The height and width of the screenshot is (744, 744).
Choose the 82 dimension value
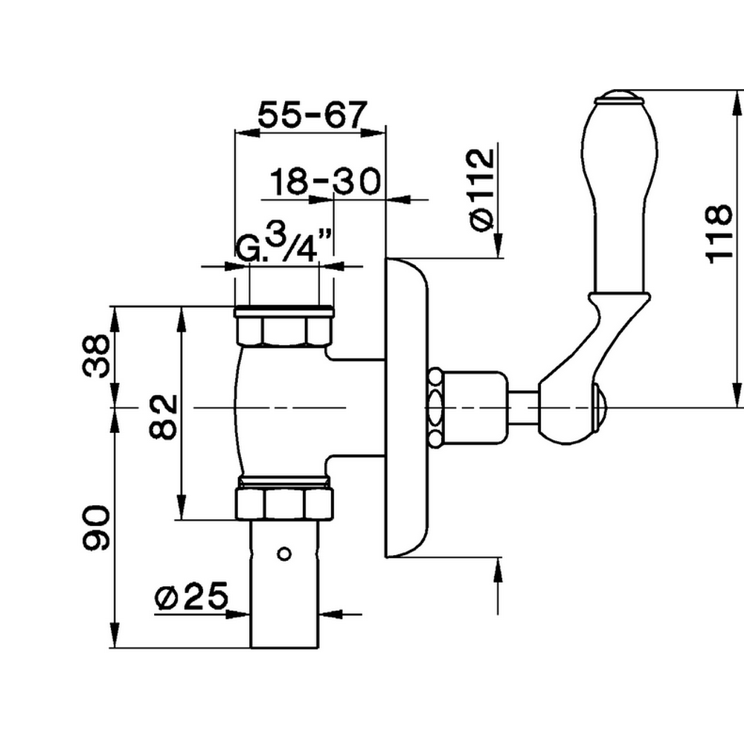pos(163,416)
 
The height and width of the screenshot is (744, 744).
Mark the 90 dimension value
pos(97,528)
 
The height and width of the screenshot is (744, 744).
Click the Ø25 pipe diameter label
pos(191,597)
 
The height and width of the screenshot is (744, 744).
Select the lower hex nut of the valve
pos(283,502)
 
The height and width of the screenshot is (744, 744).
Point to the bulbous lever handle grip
pos(622,193)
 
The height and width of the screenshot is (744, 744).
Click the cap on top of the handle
pos(617,96)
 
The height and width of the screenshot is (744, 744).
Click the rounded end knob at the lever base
pos(601,408)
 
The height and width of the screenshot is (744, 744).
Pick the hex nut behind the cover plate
pos(436,408)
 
